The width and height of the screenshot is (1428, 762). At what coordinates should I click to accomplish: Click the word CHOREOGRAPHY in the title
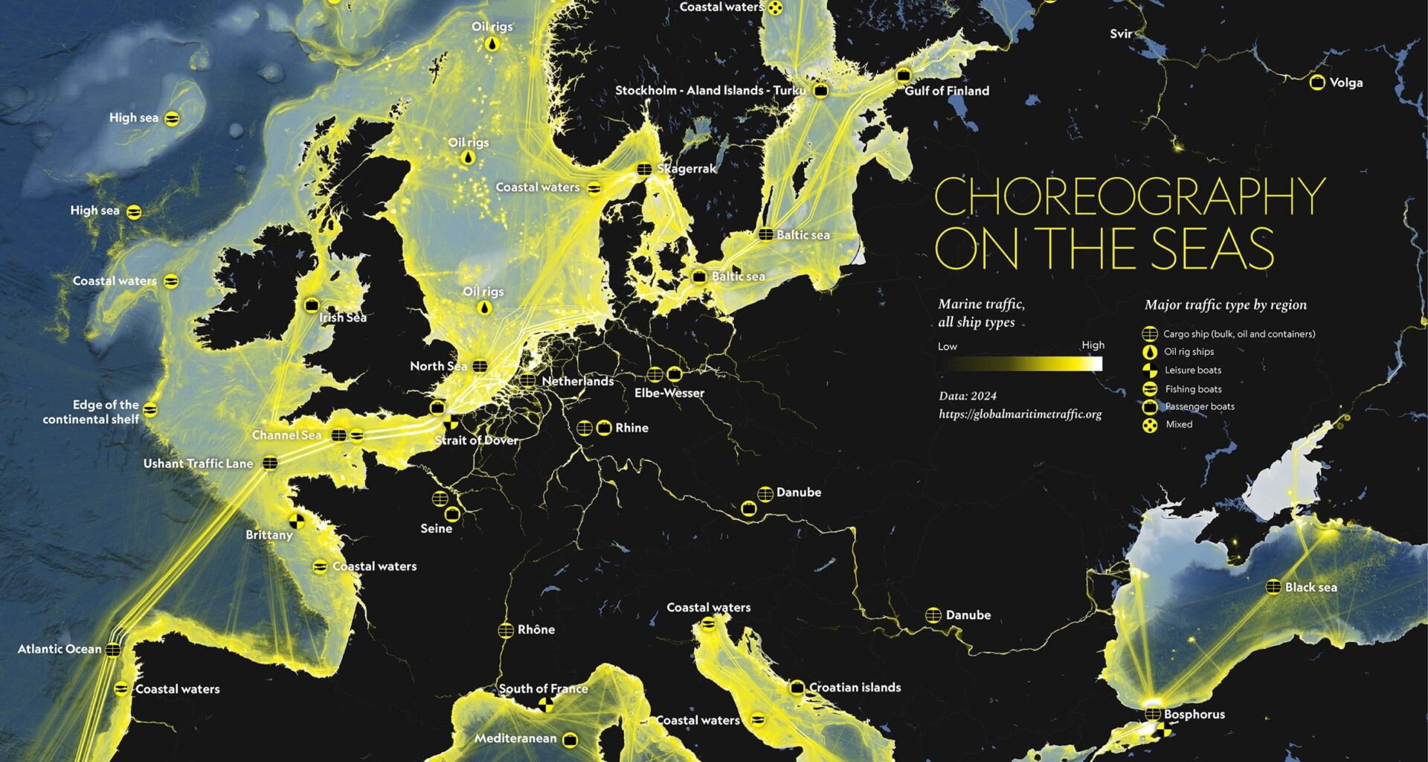(1129, 196)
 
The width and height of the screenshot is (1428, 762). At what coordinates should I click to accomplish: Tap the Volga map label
(1345, 83)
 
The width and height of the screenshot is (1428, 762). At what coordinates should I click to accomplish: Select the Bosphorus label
(1194, 714)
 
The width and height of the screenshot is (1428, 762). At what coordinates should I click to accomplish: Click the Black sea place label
(1310, 587)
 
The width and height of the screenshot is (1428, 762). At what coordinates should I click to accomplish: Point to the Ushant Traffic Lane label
(198, 464)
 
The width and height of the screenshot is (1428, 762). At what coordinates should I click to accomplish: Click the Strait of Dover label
(476, 441)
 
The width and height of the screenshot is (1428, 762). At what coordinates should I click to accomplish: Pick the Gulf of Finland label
(947, 91)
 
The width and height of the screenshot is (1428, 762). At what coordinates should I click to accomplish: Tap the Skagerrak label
(686, 169)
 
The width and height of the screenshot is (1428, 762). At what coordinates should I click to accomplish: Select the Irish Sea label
(343, 318)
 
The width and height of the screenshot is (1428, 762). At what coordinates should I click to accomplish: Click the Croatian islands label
(855, 688)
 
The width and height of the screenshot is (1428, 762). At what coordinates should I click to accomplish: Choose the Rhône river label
(535, 630)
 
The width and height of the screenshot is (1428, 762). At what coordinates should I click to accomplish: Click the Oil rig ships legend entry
(1189, 352)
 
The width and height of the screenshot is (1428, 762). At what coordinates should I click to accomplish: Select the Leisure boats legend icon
(1150, 370)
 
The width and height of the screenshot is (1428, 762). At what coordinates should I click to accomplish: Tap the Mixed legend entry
(1179, 425)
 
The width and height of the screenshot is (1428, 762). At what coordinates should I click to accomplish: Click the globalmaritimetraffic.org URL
(1020, 414)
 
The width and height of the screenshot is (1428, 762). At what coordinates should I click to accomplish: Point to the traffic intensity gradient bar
(1020, 364)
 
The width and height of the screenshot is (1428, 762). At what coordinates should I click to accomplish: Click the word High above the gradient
(1093, 345)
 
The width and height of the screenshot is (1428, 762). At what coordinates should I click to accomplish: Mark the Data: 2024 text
(967, 396)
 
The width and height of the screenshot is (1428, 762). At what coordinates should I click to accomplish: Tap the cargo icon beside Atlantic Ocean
(112, 650)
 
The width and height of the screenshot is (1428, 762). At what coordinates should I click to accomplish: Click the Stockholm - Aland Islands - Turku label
(710, 91)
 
